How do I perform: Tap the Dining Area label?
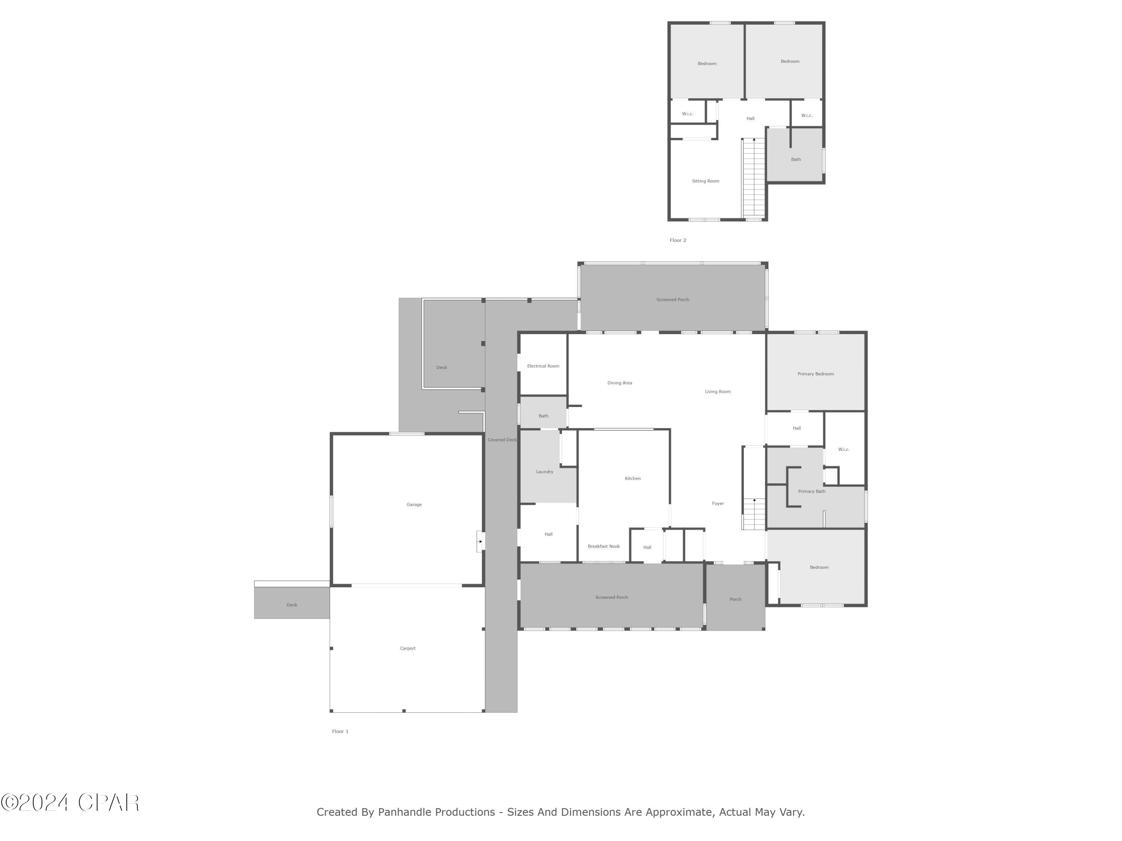[x=619, y=383]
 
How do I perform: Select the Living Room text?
[x=717, y=391]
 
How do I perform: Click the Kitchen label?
[x=632, y=478]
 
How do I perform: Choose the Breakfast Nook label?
[x=603, y=546]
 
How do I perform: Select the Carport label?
[x=407, y=649]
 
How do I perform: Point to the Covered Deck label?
[x=502, y=440]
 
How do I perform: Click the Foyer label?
[x=717, y=503]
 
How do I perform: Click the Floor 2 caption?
[x=678, y=240]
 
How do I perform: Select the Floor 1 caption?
[x=340, y=731]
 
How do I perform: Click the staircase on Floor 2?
[x=754, y=178]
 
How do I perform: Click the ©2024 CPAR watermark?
[x=70, y=803]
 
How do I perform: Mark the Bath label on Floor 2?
[x=795, y=160]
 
